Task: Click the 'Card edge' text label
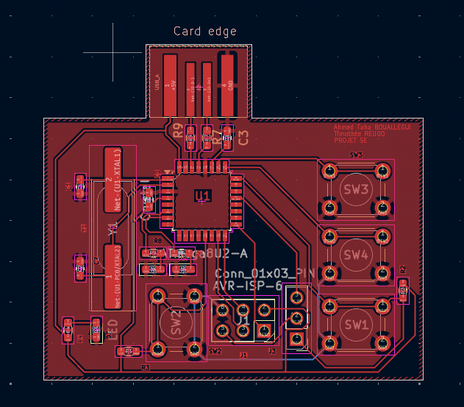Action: point(204,31)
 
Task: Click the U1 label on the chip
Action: point(203,195)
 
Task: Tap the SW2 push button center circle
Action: point(175,321)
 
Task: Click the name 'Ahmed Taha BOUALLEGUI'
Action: point(372,128)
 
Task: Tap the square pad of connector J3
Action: point(296,339)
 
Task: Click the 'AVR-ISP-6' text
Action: point(248,286)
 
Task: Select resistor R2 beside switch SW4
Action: point(402,290)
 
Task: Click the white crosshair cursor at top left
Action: point(113,52)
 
